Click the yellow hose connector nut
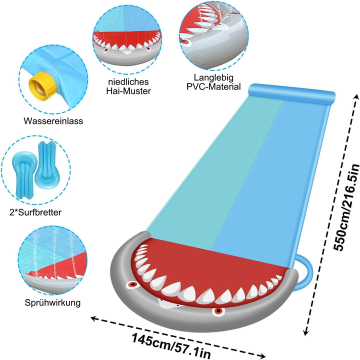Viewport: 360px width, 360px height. (42, 85)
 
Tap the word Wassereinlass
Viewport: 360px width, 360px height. (53, 121)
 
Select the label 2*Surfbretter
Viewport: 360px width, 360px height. (35, 212)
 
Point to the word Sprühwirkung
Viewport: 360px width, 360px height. (52, 303)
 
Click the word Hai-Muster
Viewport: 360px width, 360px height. (128, 91)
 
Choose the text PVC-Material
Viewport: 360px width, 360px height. (213, 87)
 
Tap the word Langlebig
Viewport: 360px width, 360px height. (213, 78)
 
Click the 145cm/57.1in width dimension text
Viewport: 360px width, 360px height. (171, 346)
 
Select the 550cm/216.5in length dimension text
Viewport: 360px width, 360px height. (346, 207)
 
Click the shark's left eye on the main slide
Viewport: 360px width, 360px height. (132, 284)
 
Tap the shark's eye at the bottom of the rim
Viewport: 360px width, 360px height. (217, 311)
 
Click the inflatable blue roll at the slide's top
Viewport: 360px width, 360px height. (292, 93)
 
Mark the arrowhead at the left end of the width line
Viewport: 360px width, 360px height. (93, 318)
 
